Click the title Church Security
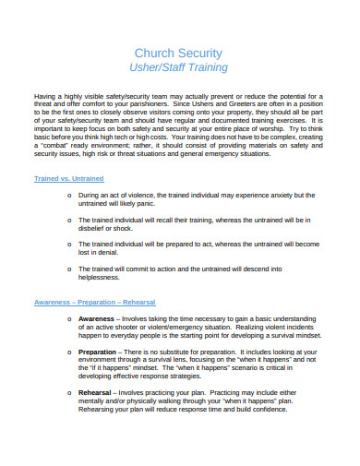(179, 53)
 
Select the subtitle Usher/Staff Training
(179, 68)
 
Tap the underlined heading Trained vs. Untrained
(68, 177)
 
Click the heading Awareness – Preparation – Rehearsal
(95, 303)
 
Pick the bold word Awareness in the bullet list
(98, 318)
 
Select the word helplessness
(104, 275)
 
